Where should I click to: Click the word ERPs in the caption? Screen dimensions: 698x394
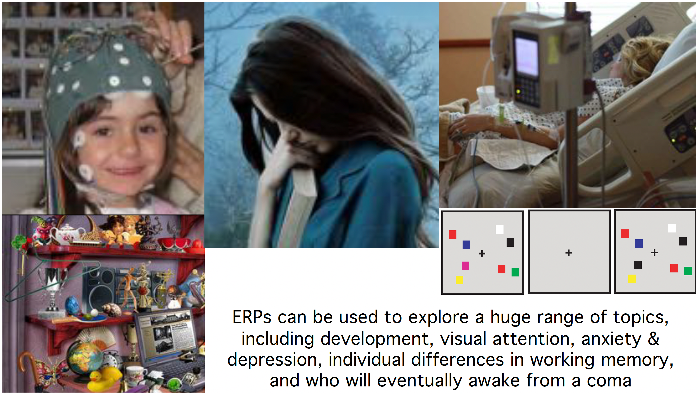point(252,317)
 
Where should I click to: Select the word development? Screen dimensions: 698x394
point(377,339)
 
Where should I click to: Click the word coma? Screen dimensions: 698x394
point(609,381)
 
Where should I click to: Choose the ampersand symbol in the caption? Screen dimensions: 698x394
point(654,338)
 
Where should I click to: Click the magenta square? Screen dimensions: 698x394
point(465,266)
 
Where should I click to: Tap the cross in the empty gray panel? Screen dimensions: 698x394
point(569,253)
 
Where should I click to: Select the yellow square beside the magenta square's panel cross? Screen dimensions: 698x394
point(459,280)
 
